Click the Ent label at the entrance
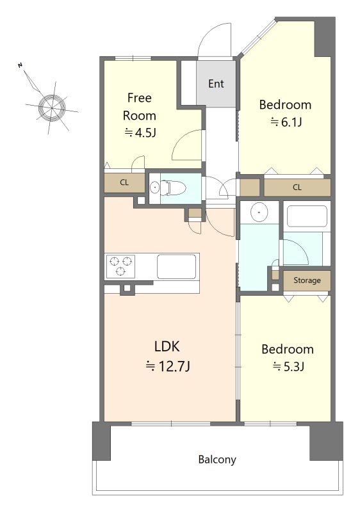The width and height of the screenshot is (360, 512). click(x=216, y=84)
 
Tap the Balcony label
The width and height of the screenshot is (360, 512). click(x=217, y=460)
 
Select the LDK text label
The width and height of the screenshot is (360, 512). click(x=167, y=346)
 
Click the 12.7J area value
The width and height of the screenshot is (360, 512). click(x=168, y=366)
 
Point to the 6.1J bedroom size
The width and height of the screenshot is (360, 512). click(x=286, y=122)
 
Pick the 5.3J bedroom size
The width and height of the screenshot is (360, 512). click(x=288, y=367)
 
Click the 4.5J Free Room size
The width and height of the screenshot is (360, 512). click(x=140, y=132)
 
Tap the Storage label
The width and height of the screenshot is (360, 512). click(x=307, y=280)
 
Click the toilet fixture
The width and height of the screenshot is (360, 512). click(x=173, y=188)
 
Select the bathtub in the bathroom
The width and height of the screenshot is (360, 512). click(x=307, y=216)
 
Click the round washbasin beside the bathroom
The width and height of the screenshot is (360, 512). click(x=259, y=212)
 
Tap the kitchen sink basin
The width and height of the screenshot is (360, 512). click(x=176, y=266)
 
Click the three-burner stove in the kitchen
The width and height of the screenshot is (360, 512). click(x=120, y=266)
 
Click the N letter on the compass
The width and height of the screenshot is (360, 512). click(x=20, y=65)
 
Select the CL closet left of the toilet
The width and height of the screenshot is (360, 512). click(x=124, y=182)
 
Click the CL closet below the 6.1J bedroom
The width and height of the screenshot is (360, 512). click(x=297, y=188)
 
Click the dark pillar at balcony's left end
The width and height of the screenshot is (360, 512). click(x=101, y=441)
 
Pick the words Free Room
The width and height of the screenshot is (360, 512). click(x=140, y=107)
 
